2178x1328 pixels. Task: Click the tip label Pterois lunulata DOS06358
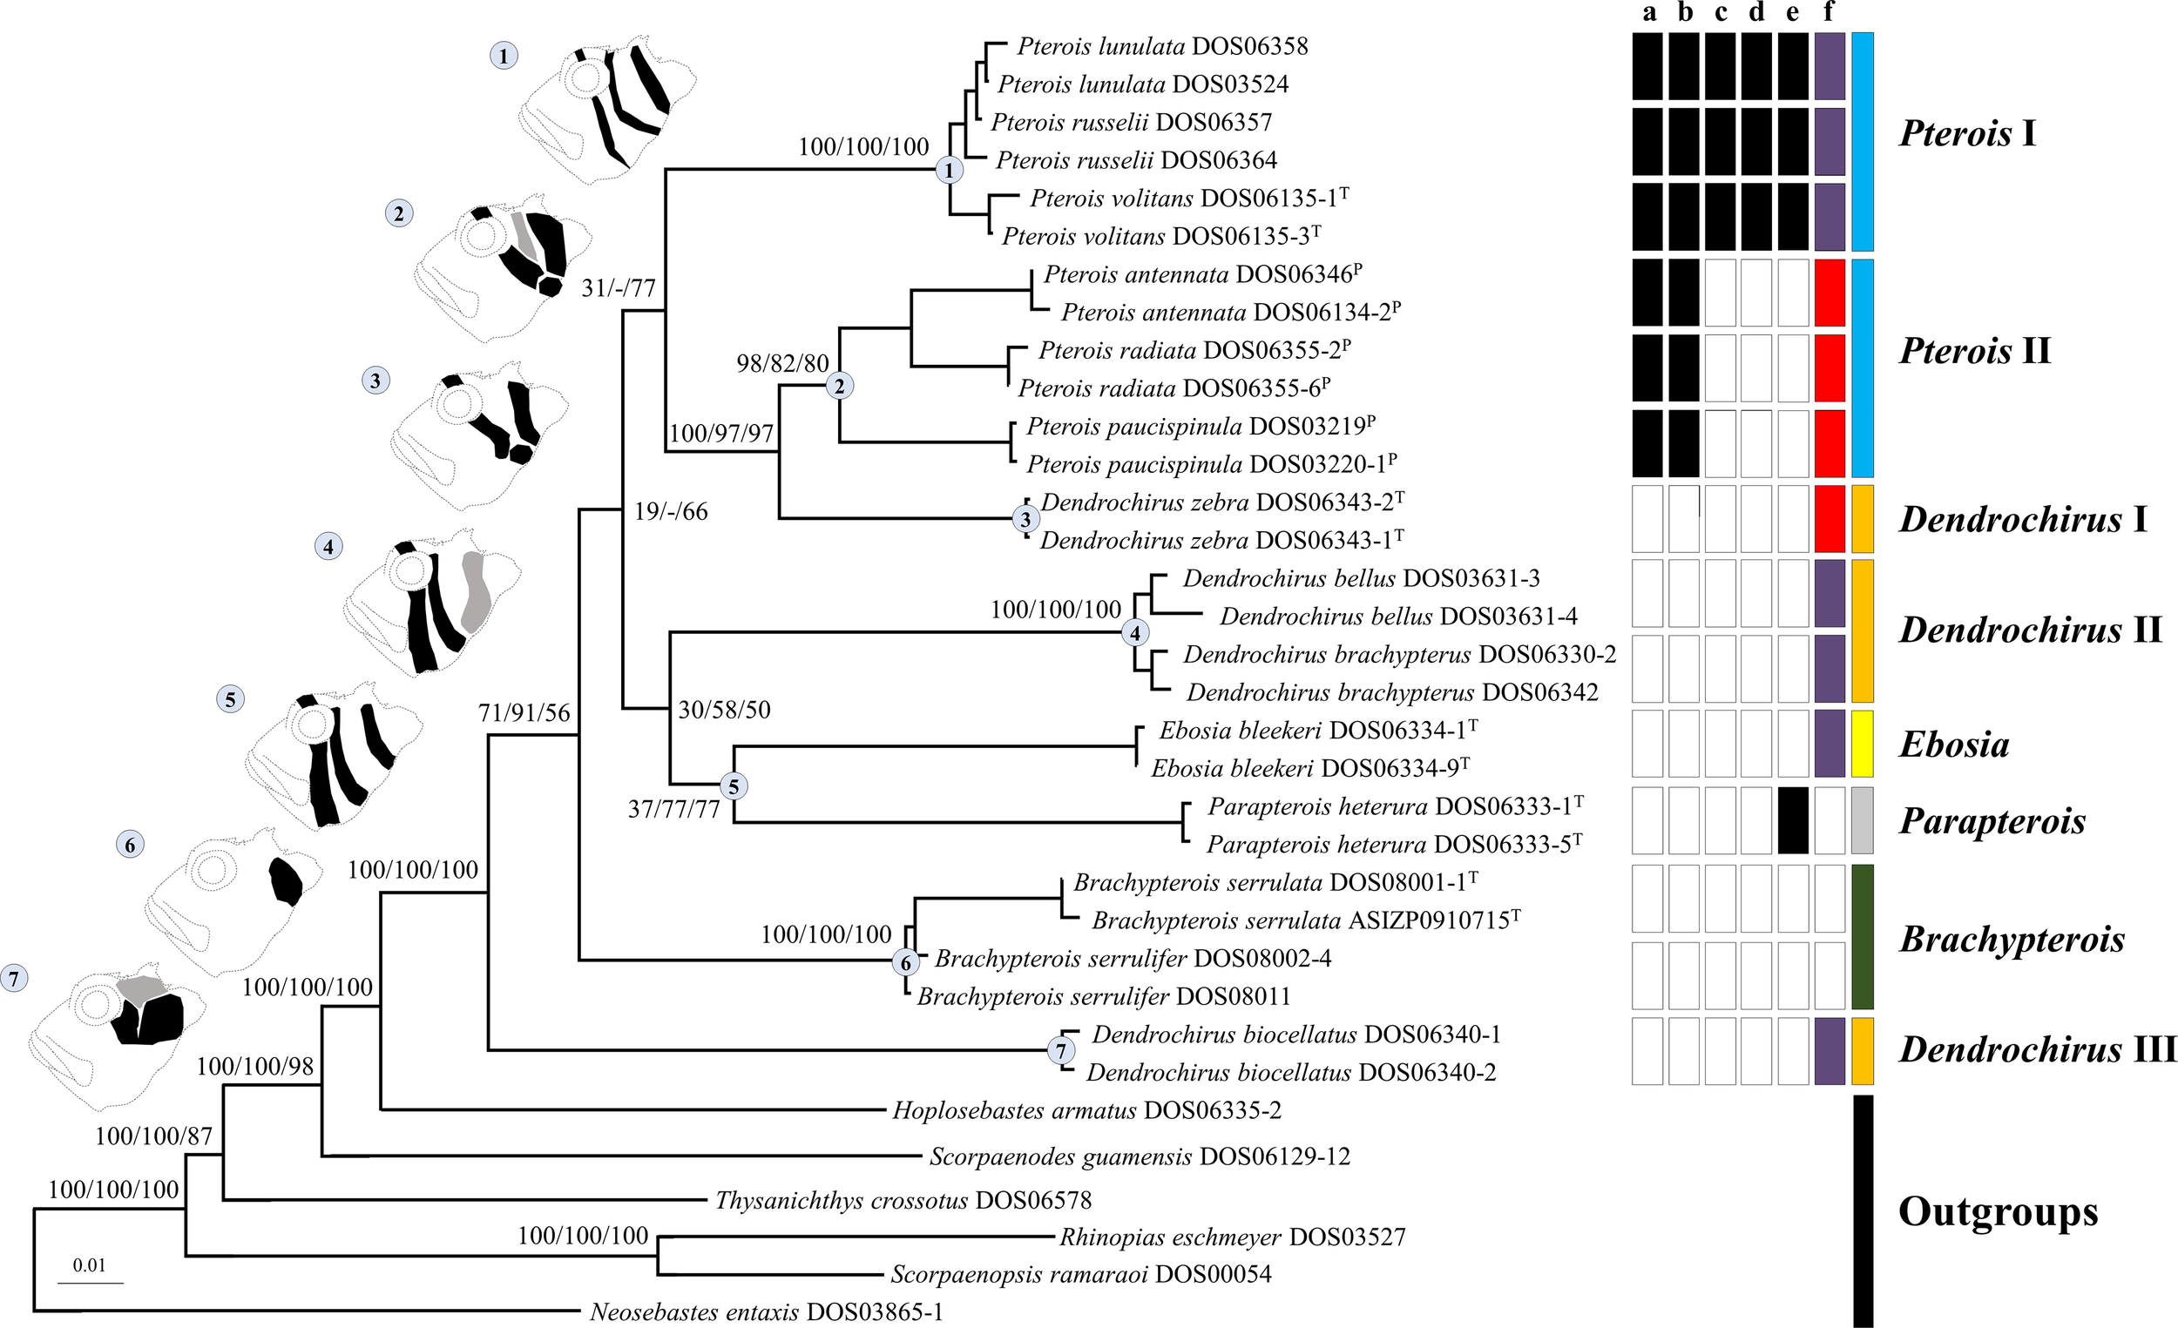(x=1161, y=46)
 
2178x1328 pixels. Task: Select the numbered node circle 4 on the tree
(x=1135, y=632)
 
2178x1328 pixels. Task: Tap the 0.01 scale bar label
(x=89, y=1265)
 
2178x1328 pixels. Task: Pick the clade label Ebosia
(x=1954, y=745)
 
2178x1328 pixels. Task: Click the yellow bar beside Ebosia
(x=1863, y=743)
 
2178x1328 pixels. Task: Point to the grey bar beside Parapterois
(x=1863, y=820)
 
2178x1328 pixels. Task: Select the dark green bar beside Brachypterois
(x=1863, y=937)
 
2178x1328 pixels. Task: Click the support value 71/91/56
(x=524, y=713)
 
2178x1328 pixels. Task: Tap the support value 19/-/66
(x=671, y=511)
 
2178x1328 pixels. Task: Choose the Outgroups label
(x=1998, y=1211)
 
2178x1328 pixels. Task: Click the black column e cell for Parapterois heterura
(x=1794, y=820)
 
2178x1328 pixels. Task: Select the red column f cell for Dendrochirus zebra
(x=1829, y=519)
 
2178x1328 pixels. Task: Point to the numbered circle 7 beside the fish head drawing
(x=14, y=978)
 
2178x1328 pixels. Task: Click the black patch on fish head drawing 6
(x=285, y=881)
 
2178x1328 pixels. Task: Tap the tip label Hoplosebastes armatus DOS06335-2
(x=1086, y=1110)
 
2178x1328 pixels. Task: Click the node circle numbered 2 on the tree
(x=840, y=385)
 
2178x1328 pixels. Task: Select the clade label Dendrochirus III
(x=2037, y=1049)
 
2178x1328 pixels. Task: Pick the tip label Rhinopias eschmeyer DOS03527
(x=1232, y=1237)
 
